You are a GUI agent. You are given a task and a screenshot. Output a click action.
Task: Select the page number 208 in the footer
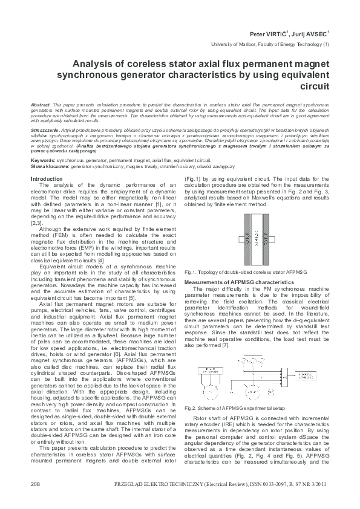[x=35, y=484]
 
